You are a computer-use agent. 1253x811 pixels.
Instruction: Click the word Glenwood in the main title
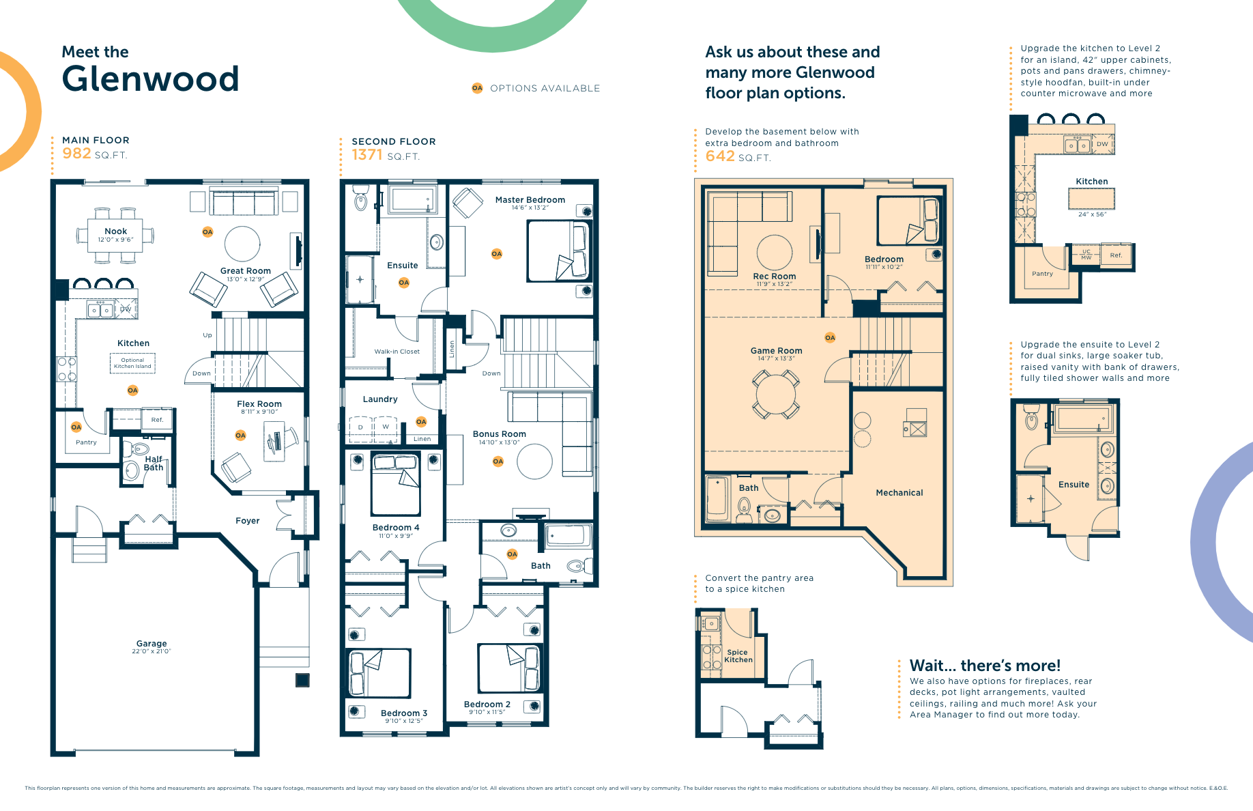pyautogui.click(x=150, y=79)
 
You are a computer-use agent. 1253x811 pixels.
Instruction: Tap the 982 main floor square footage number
pyautogui.click(x=76, y=154)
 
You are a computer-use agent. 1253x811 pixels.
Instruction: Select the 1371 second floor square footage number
pyautogui.click(x=367, y=155)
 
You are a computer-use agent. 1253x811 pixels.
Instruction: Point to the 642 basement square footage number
pyautogui.click(x=720, y=156)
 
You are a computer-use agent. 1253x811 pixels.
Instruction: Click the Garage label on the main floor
pyautogui.click(x=151, y=644)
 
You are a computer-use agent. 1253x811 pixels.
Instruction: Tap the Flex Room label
pyautogui.click(x=259, y=404)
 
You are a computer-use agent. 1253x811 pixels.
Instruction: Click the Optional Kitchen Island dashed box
pyautogui.click(x=132, y=363)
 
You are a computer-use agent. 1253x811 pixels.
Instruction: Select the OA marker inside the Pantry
pyautogui.click(x=76, y=427)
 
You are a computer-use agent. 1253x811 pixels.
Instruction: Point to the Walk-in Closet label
pyautogui.click(x=397, y=352)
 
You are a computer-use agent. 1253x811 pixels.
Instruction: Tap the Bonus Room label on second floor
pyautogui.click(x=499, y=434)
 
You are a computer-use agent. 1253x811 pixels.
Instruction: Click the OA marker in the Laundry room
pyautogui.click(x=421, y=422)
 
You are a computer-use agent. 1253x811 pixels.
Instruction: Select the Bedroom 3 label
pyautogui.click(x=403, y=713)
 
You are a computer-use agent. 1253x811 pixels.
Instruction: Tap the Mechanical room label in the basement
pyautogui.click(x=899, y=493)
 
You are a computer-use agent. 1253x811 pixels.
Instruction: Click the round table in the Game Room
pyautogui.click(x=776, y=395)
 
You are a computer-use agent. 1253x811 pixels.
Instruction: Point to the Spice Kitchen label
pyautogui.click(x=738, y=656)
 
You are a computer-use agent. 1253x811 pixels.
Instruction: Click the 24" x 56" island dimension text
pyautogui.click(x=1092, y=214)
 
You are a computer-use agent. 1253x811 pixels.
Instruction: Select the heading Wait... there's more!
pyautogui.click(x=985, y=666)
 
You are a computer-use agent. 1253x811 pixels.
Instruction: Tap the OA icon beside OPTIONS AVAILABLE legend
pyautogui.click(x=477, y=88)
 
